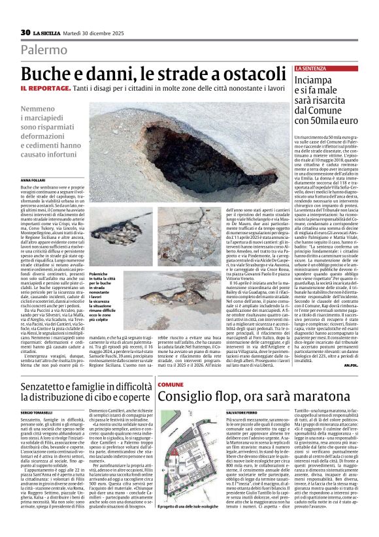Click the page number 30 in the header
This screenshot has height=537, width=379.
pyautogui.click(x=25, y=32)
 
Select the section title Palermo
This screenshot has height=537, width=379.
pyautogui.click(x=44, y=50)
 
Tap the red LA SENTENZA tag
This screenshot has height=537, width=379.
pyautogui.click(x=310, y=68)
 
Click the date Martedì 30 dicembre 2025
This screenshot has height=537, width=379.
pyautogui.click(x=97, y=33)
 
